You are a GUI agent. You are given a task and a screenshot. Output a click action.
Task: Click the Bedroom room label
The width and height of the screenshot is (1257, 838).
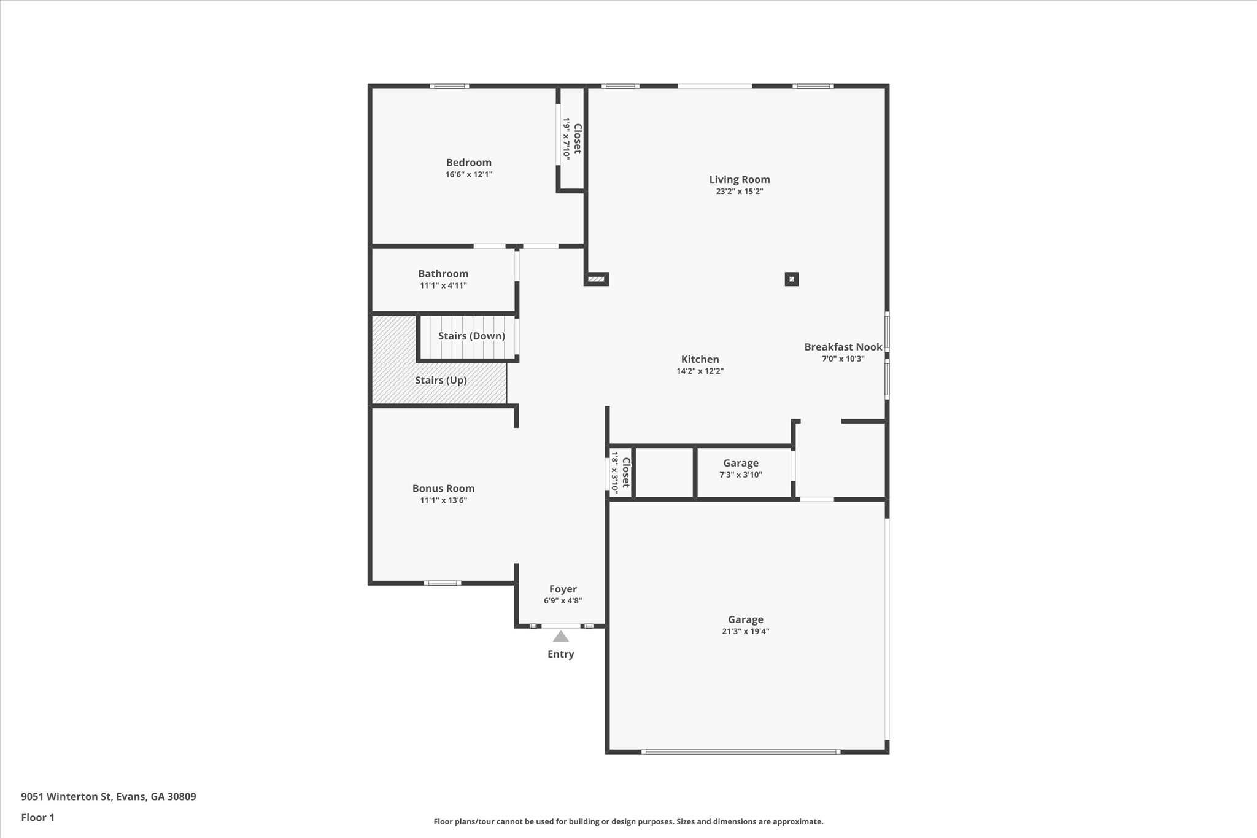[468, 163]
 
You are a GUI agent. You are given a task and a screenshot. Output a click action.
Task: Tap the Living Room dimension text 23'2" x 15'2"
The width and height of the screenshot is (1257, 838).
[739, 191]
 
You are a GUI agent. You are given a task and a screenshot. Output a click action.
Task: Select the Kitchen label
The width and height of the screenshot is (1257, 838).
[700, 359]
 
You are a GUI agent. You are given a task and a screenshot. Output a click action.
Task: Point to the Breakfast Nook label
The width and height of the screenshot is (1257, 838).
[843, 347]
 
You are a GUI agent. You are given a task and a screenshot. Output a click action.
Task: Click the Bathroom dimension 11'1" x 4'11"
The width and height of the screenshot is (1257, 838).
[443, 285]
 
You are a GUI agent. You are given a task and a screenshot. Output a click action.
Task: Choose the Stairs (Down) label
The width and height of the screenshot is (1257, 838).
[471, 336]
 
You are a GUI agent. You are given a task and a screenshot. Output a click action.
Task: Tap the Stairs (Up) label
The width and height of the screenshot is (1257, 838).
[441, 380]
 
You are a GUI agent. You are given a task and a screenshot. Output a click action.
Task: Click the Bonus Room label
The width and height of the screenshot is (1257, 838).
[443, 488]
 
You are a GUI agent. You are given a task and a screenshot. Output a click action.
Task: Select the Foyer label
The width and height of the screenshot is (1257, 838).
[562, 589]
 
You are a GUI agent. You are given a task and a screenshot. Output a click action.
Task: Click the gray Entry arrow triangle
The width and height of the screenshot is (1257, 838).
[560, 637]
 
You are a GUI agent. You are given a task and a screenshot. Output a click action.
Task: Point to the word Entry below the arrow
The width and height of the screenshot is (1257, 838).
[560, 654]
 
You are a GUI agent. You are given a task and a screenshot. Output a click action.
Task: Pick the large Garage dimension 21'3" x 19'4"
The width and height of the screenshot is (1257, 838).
[745, 631]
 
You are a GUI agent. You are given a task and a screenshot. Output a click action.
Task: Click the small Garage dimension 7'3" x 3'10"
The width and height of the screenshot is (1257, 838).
[740, 475]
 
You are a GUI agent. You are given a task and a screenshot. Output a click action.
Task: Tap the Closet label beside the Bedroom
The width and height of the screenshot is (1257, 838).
[578, 139]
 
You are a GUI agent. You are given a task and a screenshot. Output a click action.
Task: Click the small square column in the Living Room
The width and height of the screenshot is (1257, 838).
[792, 279]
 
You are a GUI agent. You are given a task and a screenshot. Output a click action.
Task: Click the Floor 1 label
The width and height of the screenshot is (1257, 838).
[38, 817]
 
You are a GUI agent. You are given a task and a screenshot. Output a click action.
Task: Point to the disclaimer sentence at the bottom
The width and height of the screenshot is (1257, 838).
[628, 821]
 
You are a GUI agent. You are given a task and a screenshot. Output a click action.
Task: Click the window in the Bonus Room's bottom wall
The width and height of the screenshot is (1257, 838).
[442, 583]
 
